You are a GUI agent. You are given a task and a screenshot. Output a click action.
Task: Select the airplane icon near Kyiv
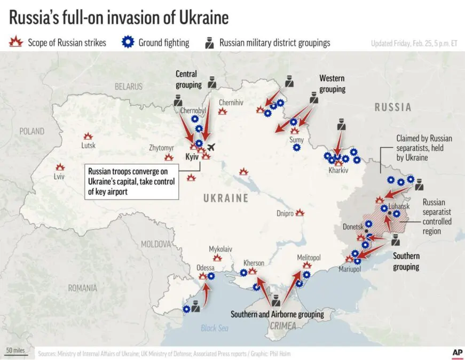point(211,147)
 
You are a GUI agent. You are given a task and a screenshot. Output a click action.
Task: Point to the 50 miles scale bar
point(15,351)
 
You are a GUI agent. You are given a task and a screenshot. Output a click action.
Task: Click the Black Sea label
point(215,328)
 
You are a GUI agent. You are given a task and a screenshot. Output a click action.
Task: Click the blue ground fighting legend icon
point(128,43)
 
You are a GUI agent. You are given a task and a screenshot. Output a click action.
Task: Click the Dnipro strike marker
point(300,212)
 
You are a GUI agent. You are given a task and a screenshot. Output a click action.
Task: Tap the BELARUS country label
point(128,86)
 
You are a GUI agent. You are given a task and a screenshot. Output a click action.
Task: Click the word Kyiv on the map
point(192,158)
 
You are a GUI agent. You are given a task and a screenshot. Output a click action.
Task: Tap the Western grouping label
point(332,84)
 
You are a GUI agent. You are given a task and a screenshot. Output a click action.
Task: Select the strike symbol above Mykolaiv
point(217,258)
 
